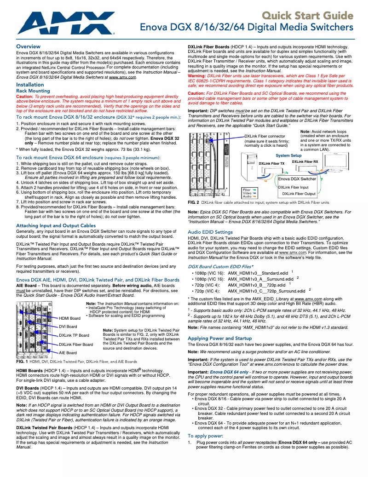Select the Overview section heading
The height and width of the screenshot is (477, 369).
(28, 46)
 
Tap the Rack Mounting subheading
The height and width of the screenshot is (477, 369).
(33, 91)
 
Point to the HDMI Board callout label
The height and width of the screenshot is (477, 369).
(69, 318)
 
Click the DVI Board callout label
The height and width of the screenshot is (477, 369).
(68, 327)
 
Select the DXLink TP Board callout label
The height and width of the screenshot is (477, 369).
(74, 335)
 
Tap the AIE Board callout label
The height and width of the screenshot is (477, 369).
(68, 353)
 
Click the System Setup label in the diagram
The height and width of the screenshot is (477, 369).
(288, 155)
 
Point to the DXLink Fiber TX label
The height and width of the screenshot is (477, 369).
(271, 163)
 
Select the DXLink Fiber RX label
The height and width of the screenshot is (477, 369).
(305, 161)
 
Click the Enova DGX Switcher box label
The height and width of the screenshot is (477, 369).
(297, 178)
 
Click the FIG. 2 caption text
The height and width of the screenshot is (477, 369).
(259, 202)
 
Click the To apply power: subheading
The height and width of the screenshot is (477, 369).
(206, 435)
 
